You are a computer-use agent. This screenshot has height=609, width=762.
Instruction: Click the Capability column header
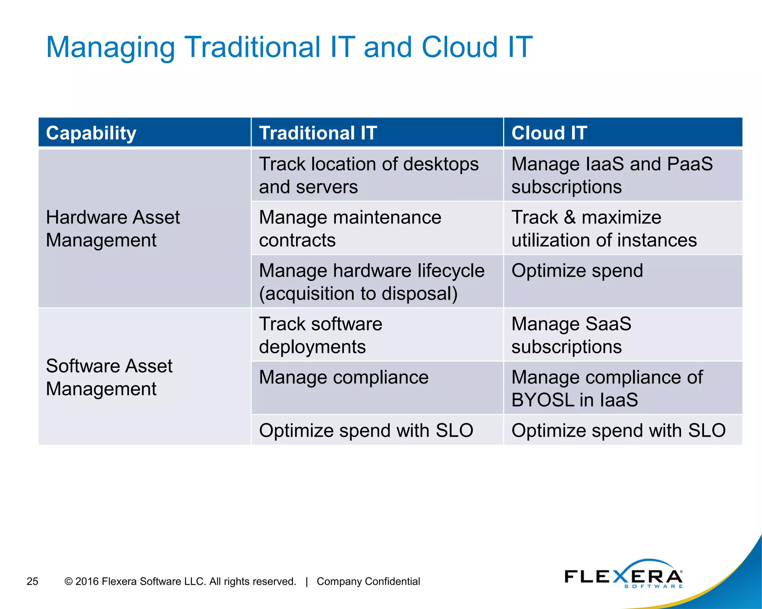(x=91, y=133)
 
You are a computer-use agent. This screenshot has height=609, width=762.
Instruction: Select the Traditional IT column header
(x=318, y=133)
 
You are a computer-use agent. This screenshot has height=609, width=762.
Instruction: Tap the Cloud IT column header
(x=549, y=133)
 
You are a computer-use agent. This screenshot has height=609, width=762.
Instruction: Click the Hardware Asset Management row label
(x=113, y=228)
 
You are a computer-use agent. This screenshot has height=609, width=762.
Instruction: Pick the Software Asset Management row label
(x=109, y=377)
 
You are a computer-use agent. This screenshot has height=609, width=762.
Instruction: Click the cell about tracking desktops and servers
(x=368, y=175)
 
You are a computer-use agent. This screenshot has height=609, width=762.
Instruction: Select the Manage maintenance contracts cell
(x=350, y=228)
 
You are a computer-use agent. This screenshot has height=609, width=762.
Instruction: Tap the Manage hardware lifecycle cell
(x=371, y=281)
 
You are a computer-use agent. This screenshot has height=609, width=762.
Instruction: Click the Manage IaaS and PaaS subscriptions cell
(x=612, y=175)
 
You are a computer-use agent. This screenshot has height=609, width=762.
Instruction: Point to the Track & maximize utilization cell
(x=603, y=228)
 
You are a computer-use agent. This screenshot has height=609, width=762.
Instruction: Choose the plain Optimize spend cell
(x=577, y=271)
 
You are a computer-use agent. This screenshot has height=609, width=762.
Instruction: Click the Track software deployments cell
(x=320, y=335)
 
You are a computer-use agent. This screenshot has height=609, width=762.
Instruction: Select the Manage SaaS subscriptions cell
(x=571, y=335)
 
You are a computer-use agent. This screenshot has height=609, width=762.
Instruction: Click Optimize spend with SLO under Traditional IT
(x=366, y=431)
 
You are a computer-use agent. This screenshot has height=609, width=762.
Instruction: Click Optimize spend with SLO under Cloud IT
(x=618, y=431)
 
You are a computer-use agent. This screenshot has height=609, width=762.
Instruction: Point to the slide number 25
(x=32, y=581)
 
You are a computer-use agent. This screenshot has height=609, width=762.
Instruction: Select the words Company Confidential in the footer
(x=368, y=581)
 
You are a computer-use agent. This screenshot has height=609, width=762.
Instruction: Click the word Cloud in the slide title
(x=460, y=47)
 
